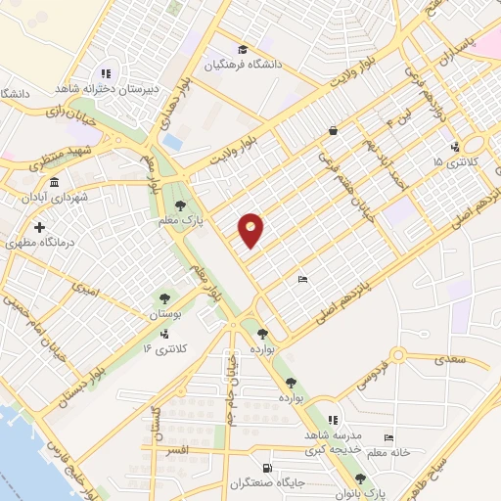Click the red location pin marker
251,230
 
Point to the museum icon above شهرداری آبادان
52,183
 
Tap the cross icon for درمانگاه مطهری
39,227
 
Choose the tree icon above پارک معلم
180,205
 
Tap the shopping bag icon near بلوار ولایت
333,130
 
